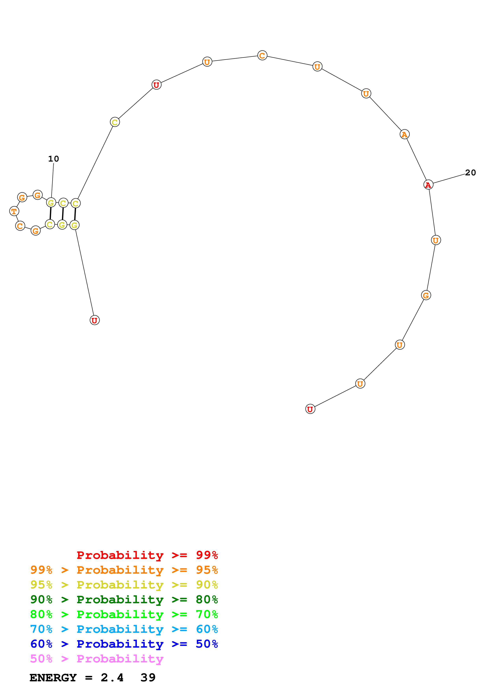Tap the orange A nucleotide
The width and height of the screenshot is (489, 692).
[x=404, y=134]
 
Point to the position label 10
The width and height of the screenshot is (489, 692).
[x=54, y=159]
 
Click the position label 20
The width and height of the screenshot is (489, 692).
[x=470, y=173]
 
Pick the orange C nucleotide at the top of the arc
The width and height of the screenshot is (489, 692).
[x=262, y=55]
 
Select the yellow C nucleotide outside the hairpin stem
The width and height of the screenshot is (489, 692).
[x=115, y=122]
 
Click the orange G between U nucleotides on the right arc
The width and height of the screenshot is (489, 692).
[x=426, y=295]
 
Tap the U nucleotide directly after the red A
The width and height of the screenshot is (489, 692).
[x=436, y=240]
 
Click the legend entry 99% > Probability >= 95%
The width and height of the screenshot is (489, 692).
[x=124, y=570]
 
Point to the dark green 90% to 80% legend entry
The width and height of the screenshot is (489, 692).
[x=124, y=599]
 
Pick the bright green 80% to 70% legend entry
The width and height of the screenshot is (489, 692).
[x=124, y=614]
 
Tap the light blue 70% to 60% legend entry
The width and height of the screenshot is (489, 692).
[x=124, y=629]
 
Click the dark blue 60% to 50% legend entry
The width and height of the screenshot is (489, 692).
[x=124, y=644]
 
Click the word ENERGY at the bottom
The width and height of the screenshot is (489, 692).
[x=53, y=678]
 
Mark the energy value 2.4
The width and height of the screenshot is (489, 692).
[x=112, y=678]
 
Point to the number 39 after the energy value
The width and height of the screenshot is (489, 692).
[x=148, y=678]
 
